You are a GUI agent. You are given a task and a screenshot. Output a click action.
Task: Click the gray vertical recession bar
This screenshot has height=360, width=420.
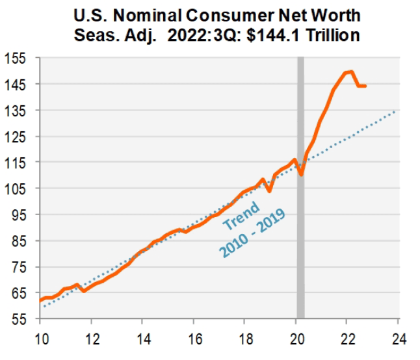point(300,195)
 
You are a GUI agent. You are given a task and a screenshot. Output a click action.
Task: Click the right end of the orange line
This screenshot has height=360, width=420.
point(365,86)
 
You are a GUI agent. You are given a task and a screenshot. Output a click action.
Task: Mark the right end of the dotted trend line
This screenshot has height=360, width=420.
point(397,110)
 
